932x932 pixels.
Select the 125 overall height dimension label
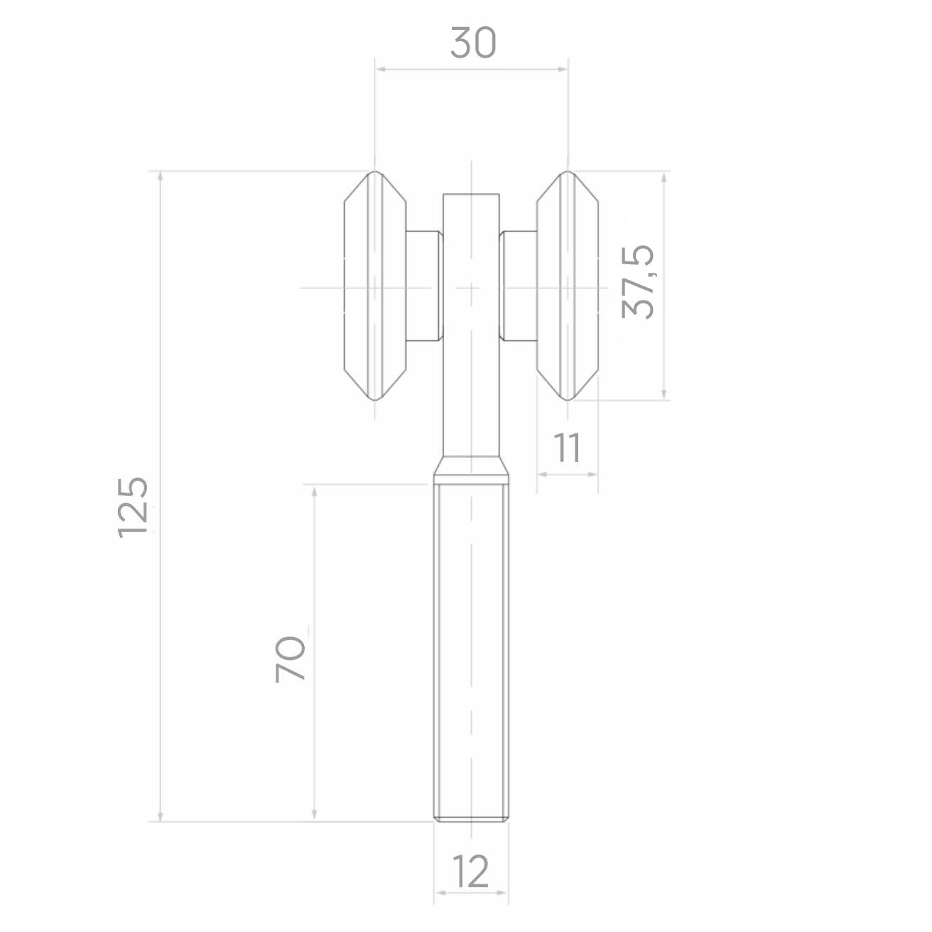pos(133,507)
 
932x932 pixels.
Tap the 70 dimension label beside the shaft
pos(291,659)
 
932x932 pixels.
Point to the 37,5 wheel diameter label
pos(637,281)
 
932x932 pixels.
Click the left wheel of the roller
pos(375,286)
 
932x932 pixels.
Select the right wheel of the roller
pos(568,286)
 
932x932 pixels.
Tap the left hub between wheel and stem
pos(424,286)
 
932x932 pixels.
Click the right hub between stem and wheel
pos(518,286)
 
